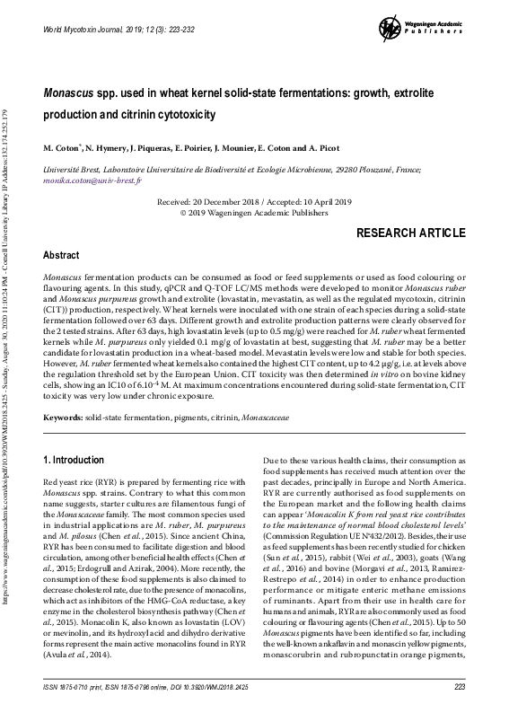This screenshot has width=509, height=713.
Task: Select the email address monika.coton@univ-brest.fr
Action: [x=89, y=180]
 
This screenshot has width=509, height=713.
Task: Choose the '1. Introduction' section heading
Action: [x=75, y=460]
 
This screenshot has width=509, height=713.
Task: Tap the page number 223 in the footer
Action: [x=460, y=687]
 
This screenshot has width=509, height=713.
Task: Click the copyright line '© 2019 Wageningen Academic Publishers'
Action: [x=254, y=216]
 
